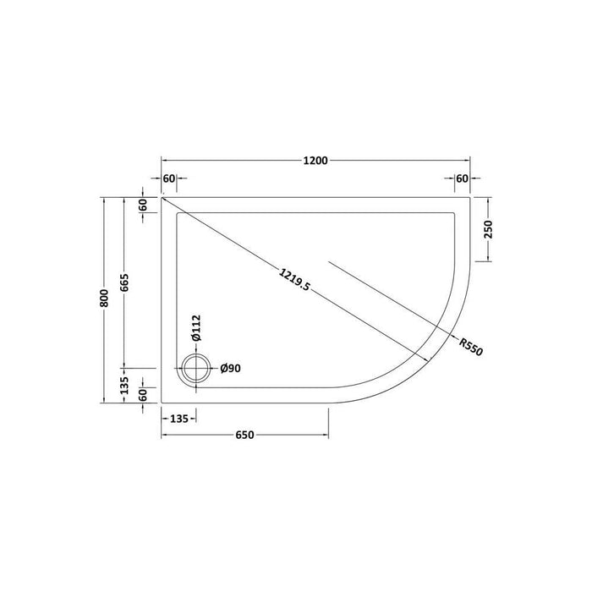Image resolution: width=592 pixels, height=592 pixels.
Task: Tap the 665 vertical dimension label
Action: pos(124,283)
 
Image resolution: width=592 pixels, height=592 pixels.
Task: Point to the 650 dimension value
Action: pos(244,436)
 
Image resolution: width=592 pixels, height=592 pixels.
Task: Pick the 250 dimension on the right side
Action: pos(489,229)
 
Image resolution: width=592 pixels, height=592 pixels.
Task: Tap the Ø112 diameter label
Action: pos(196,327)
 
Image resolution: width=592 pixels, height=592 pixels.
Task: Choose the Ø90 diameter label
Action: pos(232,368)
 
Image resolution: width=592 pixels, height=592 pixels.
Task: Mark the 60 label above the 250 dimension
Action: pos(462,178)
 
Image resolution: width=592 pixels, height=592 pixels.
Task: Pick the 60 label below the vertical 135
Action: pos(144,393)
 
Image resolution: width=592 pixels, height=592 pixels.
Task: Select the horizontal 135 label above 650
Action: pos(178,417)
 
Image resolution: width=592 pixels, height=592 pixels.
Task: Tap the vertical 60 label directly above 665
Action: pos(144,204)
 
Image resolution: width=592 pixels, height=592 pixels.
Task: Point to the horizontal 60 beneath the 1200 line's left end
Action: pos(169,178)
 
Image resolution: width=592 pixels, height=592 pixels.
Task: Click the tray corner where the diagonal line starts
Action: pos(162,198)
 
